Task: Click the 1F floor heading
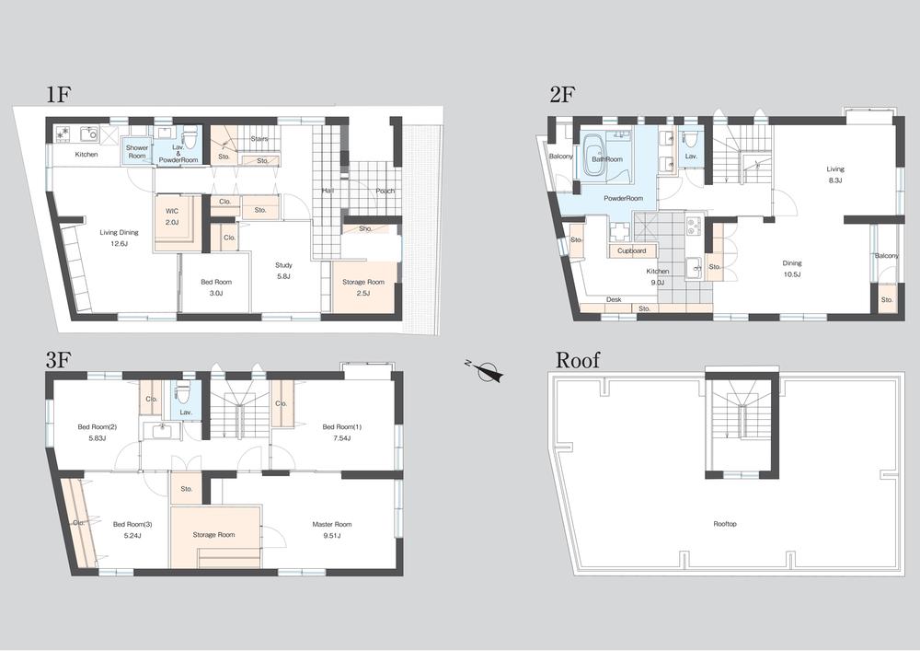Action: (59, 95)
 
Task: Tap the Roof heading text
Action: (578, 359)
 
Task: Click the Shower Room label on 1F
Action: (137, 152)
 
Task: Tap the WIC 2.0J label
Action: (171, 216)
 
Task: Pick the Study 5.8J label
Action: (283, 271)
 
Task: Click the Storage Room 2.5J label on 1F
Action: (363, 287)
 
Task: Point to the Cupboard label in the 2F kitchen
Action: (631, 250)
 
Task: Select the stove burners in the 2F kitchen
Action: (694, 226)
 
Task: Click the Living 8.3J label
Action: (835, 174)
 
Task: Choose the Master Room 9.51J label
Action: (331, 529)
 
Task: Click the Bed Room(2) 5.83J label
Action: (97, 432)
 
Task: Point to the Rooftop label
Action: (725, 524)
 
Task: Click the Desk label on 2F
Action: (614, 299)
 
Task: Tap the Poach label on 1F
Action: (385, 191)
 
